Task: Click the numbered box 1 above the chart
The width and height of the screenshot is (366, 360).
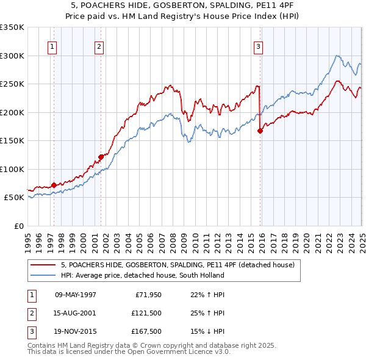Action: pos(52,46)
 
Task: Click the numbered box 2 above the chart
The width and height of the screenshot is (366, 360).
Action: pos(99,46)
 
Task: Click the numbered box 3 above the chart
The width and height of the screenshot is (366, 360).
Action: pos(258,46)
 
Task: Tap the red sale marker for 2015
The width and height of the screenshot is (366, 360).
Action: pos(260,131)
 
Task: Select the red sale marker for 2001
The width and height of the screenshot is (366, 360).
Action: pos(101,157)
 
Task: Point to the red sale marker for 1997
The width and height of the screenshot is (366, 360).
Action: pos(54,185)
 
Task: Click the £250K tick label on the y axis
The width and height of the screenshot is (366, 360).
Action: pos(12,84)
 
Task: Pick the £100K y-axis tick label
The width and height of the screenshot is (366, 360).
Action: pos(12,169)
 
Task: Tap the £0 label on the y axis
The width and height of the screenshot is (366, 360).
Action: pos(18,226)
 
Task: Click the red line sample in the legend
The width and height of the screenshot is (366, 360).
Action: pos(43,265)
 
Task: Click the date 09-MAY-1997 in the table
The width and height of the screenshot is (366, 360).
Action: pos(76,294)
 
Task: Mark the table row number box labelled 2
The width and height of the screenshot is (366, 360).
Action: pos(30,314)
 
